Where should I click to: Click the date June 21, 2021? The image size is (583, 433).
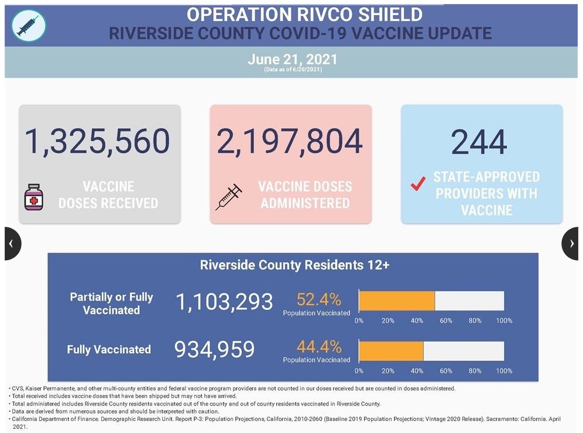tap(292, 59)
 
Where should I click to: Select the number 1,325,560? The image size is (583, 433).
tap(97, 141)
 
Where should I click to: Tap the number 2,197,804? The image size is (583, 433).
tap(290, 141)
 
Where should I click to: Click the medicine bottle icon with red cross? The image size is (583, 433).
tap(34, 197)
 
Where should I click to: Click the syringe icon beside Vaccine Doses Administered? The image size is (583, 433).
tap(229, 197)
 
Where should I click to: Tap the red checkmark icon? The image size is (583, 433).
tap(417, 184)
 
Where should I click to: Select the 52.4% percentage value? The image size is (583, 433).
tap(319, 299)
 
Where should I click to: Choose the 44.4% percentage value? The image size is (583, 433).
tap(319, 346)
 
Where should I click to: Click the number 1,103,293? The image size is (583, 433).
tap(224, 302)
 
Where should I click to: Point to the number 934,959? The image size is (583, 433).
tap(215, 349)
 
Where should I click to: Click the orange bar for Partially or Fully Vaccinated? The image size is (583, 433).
tap(396, 300)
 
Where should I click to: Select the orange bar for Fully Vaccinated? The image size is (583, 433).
tap(390, 350)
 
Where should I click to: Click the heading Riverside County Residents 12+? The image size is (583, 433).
tap(294, 265)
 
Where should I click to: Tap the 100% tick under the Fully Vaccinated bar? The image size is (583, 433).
tap(504, 371)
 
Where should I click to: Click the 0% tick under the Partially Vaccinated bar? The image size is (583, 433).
tap(359, 321)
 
